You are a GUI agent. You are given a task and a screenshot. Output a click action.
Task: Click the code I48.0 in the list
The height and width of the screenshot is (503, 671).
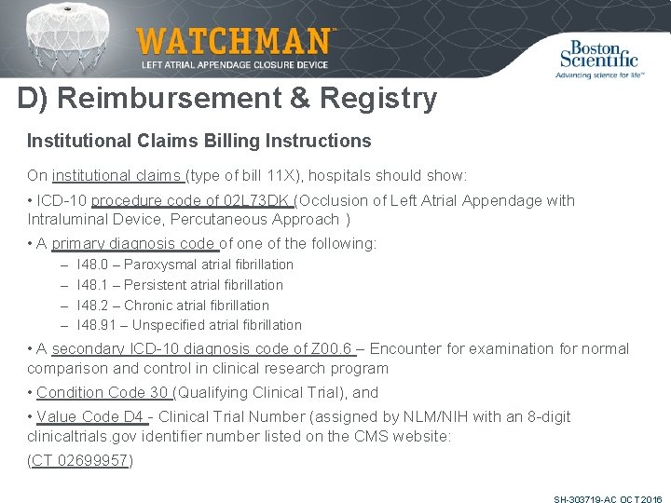click(x=92, y=265)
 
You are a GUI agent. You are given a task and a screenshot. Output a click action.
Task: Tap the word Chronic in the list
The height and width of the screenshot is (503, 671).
click(x=150, y=306)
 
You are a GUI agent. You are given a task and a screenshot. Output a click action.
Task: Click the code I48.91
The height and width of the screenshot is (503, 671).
click(x=97, y=325)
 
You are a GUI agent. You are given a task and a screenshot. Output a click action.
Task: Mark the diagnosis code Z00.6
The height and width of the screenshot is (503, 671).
click(x=334, y=348)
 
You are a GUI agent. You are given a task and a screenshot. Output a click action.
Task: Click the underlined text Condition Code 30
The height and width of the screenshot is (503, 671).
click(x=103, y=393)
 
